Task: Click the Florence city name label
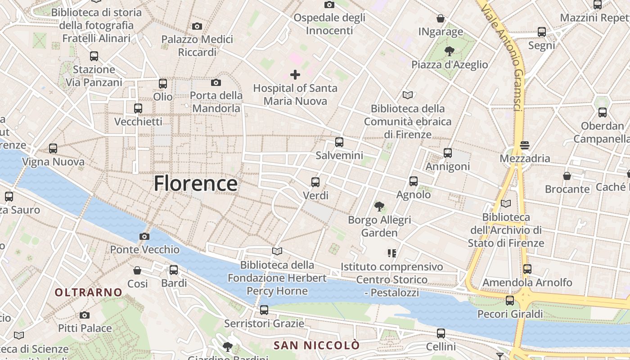pyautogui.click(x=196, y=184)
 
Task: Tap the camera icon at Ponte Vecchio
pyautogui.click(x=144, y=236)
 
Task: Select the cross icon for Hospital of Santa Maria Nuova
pyautogui.click(x=295, y=74)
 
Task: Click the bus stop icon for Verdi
pyautogui.click(x=315, y=182)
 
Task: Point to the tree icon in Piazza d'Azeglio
pyautogui.click(x=449, y=51)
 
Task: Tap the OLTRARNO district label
pyautogui.click(x=89, y=292)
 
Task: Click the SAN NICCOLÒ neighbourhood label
pyautogui.click(x=317, y=346)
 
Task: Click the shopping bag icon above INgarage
pyautogui.click(x=441, y=18)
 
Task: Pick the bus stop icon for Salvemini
pyautogui.click(x=339, y=142)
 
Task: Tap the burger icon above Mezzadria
pyautogui.click(x=525, y=145)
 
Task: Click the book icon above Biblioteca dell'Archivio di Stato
pyautogui.click(x=506, y=204)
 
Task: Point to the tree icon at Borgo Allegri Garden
pyautogui.click(x=379, y=207)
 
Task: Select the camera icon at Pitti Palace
pyautogui.click(x=85, y=315)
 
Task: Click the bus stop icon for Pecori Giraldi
pyautogui.click(x=510, y=301)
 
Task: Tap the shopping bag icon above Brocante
pyautogui.click(x=567, y=175)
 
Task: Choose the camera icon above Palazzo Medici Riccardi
pyautogui.click(x=197, y=27)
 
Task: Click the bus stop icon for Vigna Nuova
pyautogui.click(x=53, y=148)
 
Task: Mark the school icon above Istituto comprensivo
pyautogui.click(x=392, y=253)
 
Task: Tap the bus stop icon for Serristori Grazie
pyautogui.click(x=264, y=310)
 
